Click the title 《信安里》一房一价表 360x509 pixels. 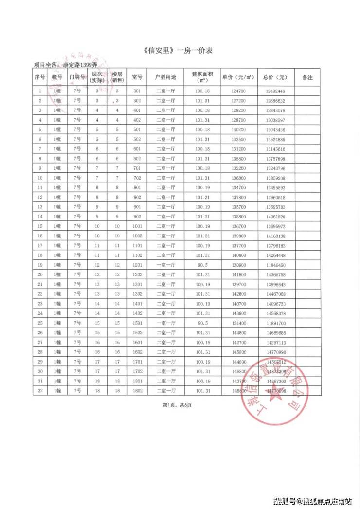pyautogui.click(x=180, y=50)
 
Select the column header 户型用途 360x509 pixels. pyautogui.click(x=165, y=77)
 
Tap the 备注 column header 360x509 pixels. pyautogui.click(x=307, y=77)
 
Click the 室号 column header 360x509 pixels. pyautogui.click(x=137, y=77)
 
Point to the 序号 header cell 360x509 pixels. pyautogui.click(x=39, y=77)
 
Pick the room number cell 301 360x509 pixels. pyautogui.click(x=137, y=91)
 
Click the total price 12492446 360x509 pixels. pyautogui.click(x=275, y=91)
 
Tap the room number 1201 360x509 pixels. pyautogui.click(x=137, y=265)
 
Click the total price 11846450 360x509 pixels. pyautogui.click(x=275, y=265)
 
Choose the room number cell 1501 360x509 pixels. pyautogui.click(x=137, y=323)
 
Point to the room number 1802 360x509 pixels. pyautogui.click(x=137, y=390)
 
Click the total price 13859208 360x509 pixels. pyautogui.click(x=275, y=178)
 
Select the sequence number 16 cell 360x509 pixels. pyautogui.click(x=39, y=236)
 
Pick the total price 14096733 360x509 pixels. pyautogui.click(x=275, y=303)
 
